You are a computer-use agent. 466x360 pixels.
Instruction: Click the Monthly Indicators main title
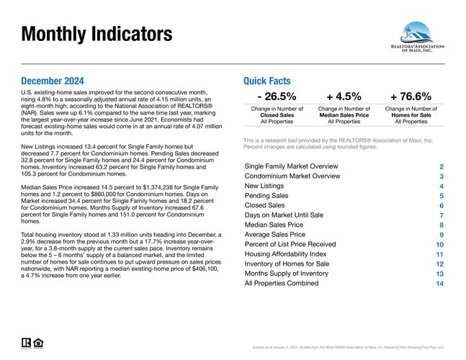(x=97, y=34)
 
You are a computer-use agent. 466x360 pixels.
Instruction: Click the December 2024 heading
(x=53, y=81)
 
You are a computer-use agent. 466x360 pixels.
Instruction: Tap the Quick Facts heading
(x=267, y=81)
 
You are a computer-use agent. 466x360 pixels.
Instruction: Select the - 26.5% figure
(x=277, y=96)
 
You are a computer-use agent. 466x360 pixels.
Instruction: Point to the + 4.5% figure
(x=344, y=96)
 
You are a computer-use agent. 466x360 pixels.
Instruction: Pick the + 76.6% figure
(x=411, y=96)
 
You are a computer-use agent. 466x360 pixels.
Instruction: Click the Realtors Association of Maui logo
(x=417, y=37)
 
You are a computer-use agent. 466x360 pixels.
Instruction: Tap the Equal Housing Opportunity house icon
(x=38, y=343)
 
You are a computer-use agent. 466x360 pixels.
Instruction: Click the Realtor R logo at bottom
(x=26, y=343)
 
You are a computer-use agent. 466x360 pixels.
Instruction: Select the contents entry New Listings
(x=264, y=186)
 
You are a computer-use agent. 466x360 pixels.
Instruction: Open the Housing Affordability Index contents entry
(x=285, y=254)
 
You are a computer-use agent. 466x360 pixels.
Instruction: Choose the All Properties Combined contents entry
(x=282, y=284)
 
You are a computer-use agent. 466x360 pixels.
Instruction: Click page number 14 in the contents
(x=439, y=284)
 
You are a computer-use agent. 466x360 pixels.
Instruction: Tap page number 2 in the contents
(x=442, y=167)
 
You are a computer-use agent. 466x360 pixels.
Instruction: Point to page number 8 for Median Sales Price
(x=442, y=225)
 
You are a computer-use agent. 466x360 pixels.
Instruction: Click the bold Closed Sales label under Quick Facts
(x=277, y=115)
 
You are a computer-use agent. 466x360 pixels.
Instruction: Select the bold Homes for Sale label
(x=411, y=115)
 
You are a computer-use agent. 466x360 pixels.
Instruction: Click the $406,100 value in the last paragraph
(x=205, y=269)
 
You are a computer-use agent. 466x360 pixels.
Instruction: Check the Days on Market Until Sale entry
(x=284, y=215)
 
